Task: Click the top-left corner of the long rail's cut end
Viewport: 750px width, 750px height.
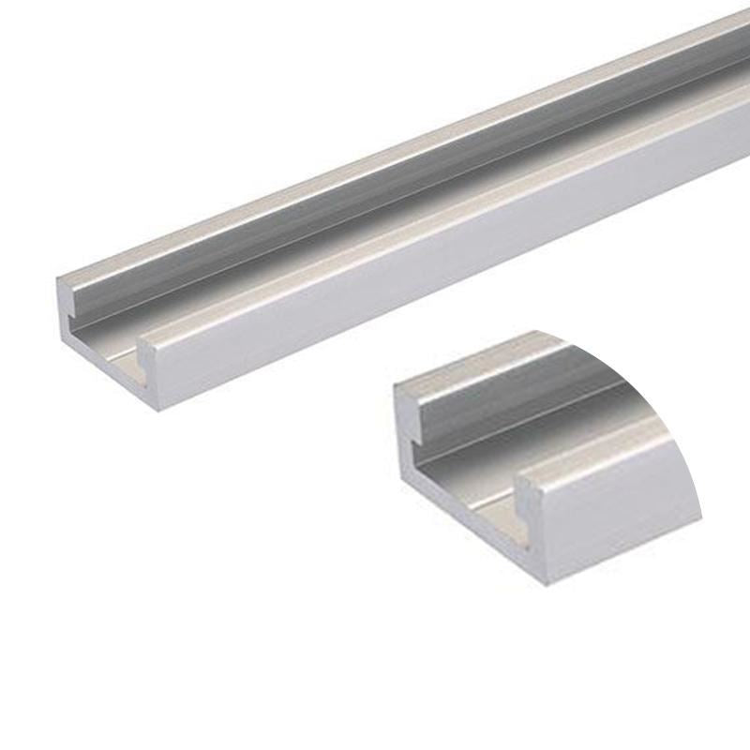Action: (x=58, y=278)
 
